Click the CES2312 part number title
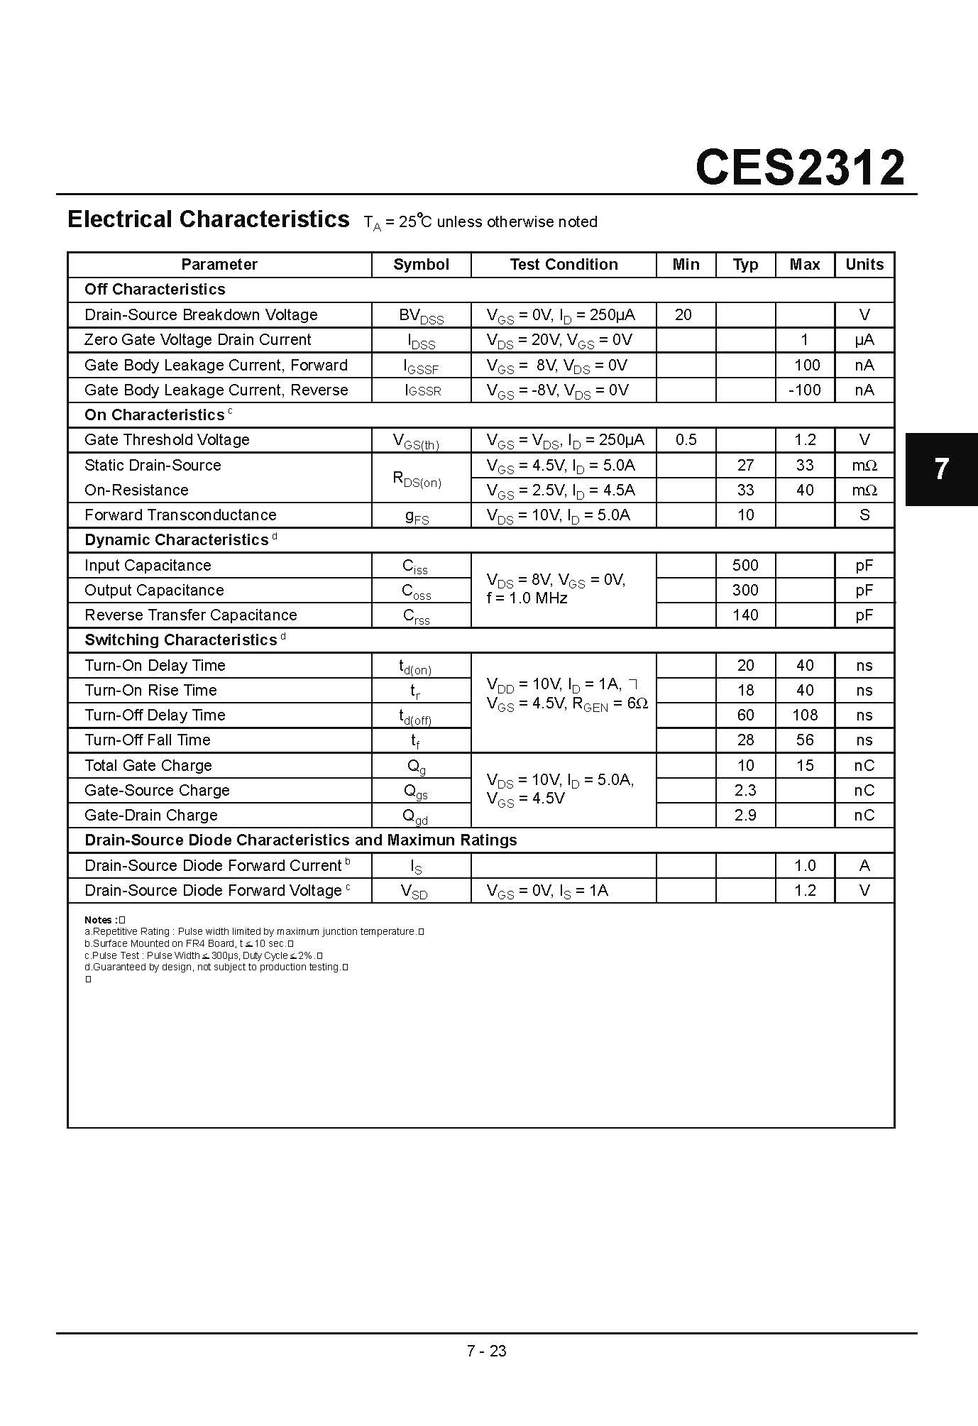[800, 168]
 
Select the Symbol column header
[421, 265]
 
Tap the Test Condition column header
[564, 265]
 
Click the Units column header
[864, 265]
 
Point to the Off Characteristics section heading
[155, 290]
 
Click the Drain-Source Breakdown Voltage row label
[201, 315]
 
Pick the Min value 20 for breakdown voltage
[683, 315]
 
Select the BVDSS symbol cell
[421, 316]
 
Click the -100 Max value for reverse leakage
[805, 390]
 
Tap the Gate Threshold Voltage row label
[167, 440]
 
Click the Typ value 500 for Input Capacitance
[745, 566]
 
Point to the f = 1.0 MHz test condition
[527, 598]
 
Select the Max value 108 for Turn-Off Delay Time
[805, 715]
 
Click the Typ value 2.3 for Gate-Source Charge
[745, 791]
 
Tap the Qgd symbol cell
[415, 816]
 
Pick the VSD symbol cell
[414, 892]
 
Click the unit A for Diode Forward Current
[864, 866]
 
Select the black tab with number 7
[941, 469]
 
